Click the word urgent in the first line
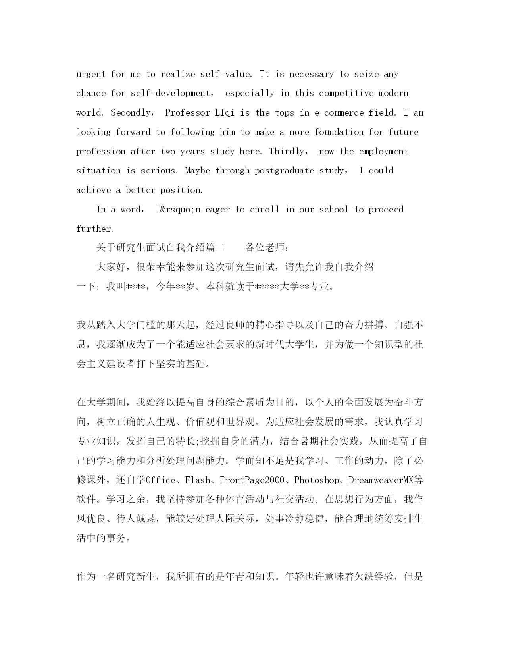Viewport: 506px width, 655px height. [x=91, y=74]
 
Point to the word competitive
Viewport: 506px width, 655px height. [x=346, y=93]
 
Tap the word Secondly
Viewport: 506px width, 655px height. [x=131, y=113]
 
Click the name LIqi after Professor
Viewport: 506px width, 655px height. [x=225, y=113]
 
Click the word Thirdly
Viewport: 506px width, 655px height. [x=287, y=152]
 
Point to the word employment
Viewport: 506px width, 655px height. [x=383, y=152]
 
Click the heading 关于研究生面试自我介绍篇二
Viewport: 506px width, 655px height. [x=160, y=248]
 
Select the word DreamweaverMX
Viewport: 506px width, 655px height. [x=381, y=480]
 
